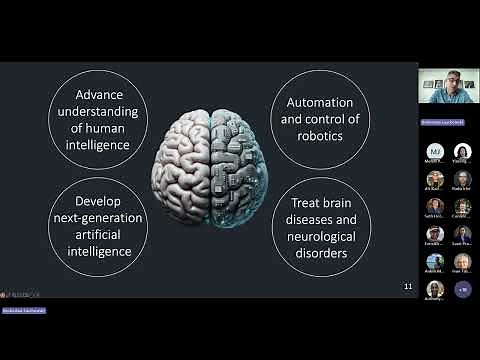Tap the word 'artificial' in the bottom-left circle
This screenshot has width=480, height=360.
point(97,235)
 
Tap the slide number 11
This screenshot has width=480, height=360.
point(407,287)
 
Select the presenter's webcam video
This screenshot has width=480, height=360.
point(447,92)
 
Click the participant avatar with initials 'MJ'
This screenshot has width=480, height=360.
point(434,152)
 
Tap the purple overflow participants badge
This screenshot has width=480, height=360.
point(462,289)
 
